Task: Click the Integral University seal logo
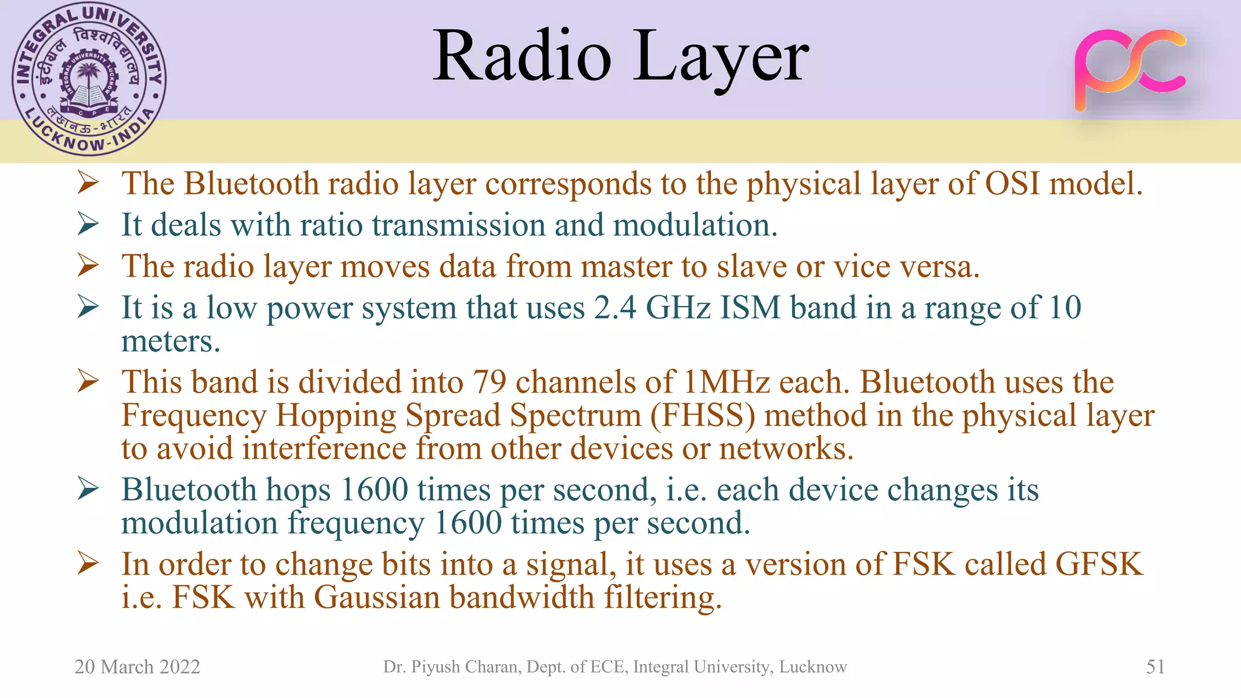[89, 79]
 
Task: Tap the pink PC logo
[1130, 70]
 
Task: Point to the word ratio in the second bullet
[331, 225]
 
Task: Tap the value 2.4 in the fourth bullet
[614, 308]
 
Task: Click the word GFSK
[1099, 564]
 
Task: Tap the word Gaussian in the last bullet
[377, 597]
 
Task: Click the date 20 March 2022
[137, 666]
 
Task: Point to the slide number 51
[1155, 666]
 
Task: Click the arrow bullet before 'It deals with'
[88, 225]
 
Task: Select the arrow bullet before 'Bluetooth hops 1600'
[88, 490]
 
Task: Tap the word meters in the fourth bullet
[170, 342]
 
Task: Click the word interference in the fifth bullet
[324, 449]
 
